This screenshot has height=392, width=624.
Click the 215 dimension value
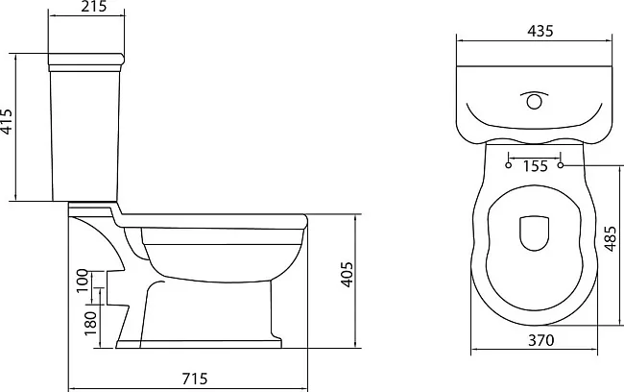pos(94,7)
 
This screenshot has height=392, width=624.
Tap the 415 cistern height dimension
pos(7,121)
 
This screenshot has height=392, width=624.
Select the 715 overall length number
pos(195,379)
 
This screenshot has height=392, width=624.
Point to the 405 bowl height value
pos(347,275)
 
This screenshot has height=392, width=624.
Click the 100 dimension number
pos(83,280)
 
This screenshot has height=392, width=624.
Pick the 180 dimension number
pos(90,323)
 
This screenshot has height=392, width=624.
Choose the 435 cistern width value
pos(540,31)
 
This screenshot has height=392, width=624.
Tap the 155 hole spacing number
pos(536,165)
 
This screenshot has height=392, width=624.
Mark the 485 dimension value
pos(611,238)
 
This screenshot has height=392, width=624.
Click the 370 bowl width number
pos(540,340)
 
